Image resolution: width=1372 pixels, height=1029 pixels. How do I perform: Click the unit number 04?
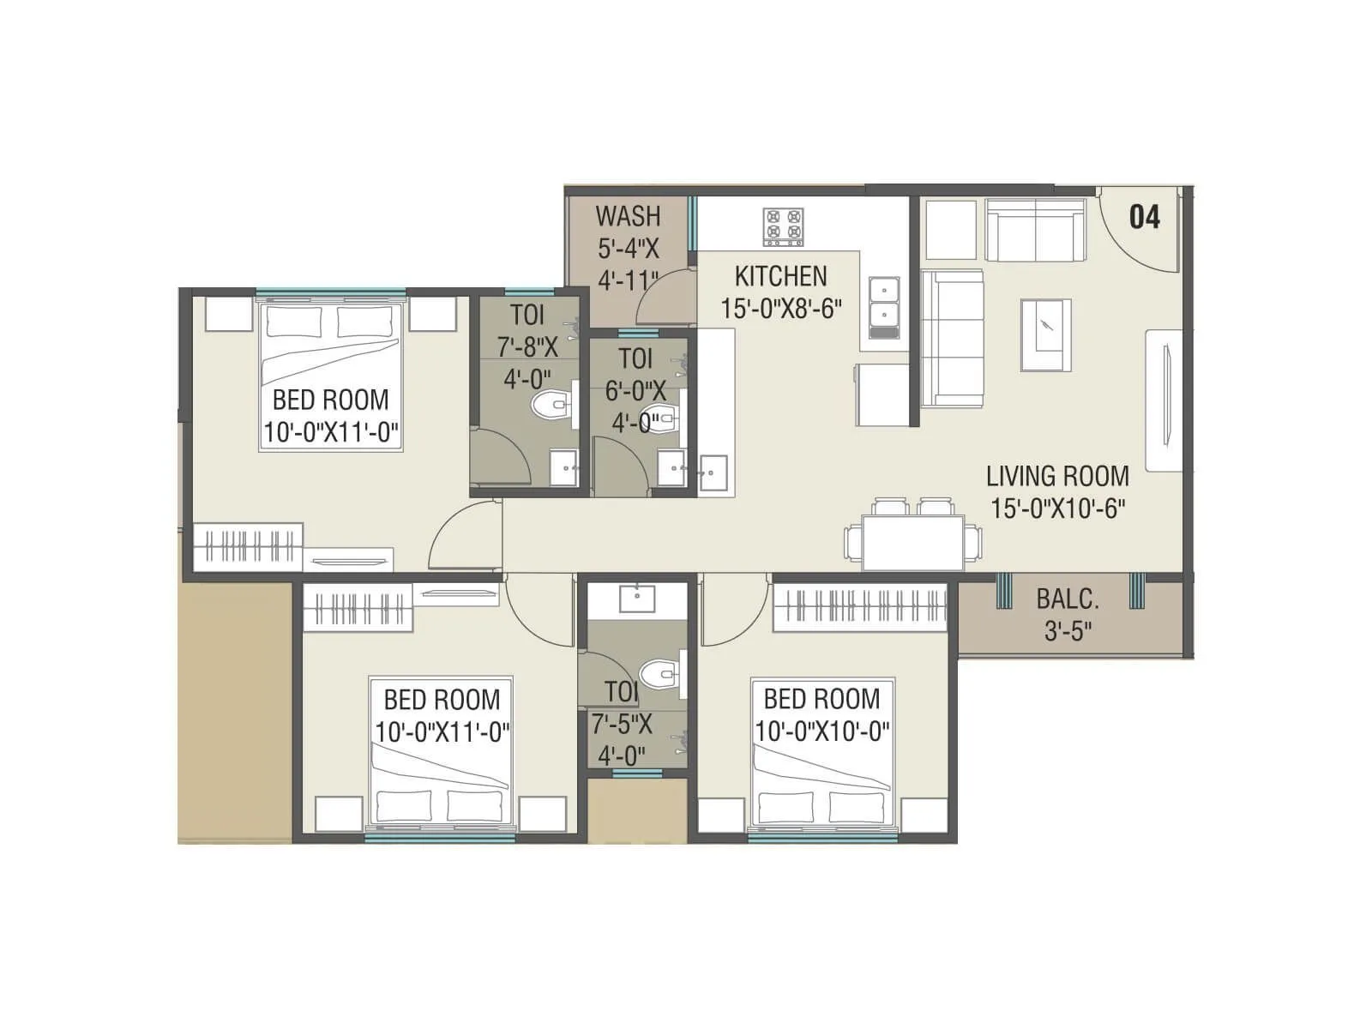coord(1144,217)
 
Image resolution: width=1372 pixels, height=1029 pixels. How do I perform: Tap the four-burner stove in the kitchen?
coord(783,226)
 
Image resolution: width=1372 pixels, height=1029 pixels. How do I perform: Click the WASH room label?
coord(628,215)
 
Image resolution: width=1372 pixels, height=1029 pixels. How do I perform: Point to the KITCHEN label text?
coord(780,276)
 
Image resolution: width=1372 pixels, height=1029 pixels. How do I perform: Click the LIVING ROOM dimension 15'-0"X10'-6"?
coord(1057,508)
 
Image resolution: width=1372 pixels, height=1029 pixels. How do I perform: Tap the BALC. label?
coord(1067,599)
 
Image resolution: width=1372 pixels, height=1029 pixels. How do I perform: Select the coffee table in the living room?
coord(1045,335)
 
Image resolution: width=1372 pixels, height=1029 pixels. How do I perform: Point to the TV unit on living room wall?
coord(1164,399)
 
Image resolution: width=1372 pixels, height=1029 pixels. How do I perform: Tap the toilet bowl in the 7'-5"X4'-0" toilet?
coord(659,675)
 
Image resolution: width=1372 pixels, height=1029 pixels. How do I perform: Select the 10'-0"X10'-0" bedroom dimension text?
coord(821,731)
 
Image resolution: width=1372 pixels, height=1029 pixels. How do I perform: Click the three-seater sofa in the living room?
coord(952,339)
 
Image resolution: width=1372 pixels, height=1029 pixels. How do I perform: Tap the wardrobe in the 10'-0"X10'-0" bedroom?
coord(859,608)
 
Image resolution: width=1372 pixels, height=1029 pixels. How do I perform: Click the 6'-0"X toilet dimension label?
coord(635,391)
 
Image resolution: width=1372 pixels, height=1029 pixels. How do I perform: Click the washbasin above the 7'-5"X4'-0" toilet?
coord(637,599)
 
